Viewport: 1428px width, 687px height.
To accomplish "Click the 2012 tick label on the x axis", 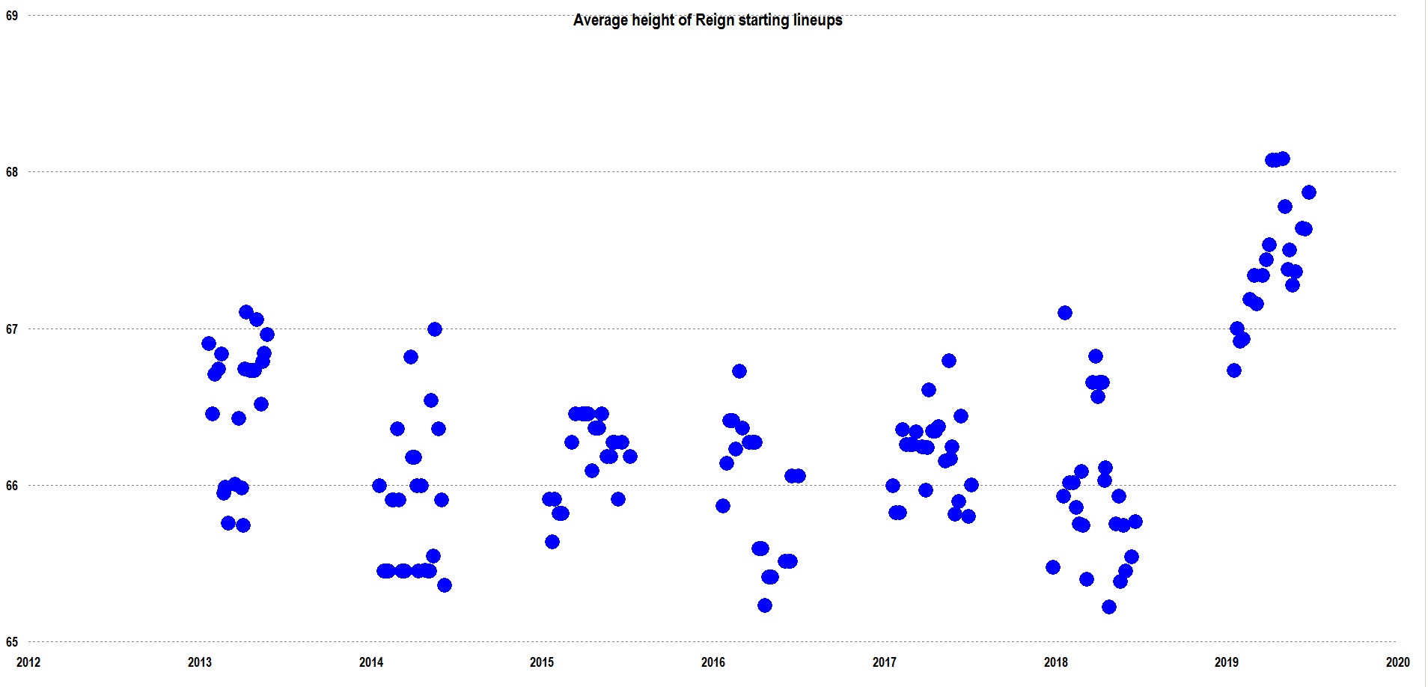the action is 28,662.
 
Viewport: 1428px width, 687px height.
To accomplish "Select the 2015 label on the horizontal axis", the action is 542,662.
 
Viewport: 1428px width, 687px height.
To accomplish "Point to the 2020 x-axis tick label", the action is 1397,662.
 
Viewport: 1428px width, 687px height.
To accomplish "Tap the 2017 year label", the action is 884,662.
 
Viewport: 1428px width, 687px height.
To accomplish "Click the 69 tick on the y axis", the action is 12,15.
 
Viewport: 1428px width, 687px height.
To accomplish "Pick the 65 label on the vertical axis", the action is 12,641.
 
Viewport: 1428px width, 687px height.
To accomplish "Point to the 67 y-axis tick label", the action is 12,329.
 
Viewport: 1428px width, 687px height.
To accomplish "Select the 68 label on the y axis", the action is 12,172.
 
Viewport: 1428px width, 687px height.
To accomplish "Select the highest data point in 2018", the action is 1064,313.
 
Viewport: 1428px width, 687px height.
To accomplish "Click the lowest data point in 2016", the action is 764,605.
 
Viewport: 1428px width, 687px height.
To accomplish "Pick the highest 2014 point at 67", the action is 434,329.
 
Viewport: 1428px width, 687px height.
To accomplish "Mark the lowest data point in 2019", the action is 1234,370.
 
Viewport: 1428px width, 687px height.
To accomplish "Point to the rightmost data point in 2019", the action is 1308,192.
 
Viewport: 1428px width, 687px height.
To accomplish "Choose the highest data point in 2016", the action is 739,371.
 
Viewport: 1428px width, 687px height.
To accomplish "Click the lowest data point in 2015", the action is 552,542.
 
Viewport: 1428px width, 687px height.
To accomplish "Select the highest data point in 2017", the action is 948,361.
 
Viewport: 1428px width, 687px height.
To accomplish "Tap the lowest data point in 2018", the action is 1109,607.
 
